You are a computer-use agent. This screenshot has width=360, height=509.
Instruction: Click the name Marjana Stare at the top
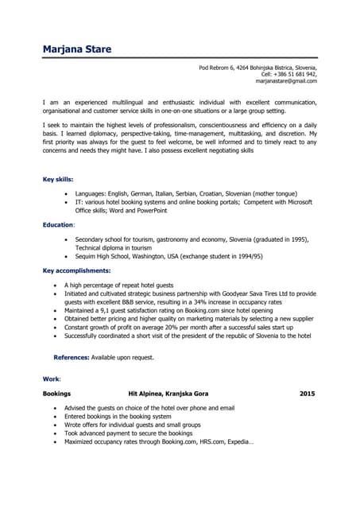pos(77,49)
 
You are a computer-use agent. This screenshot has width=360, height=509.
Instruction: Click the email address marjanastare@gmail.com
pos(286,81)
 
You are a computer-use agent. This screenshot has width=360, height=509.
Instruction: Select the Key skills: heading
pos(58,179)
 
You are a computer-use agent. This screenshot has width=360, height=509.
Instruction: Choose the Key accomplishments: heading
pos(76,271)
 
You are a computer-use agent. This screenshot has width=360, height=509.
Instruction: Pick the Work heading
pos(51,379)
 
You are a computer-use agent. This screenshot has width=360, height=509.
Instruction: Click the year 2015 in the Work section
pos(308,394)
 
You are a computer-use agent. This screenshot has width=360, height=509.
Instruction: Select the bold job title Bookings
pos(56,394)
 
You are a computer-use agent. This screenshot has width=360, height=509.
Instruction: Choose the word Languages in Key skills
pos(92,193)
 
